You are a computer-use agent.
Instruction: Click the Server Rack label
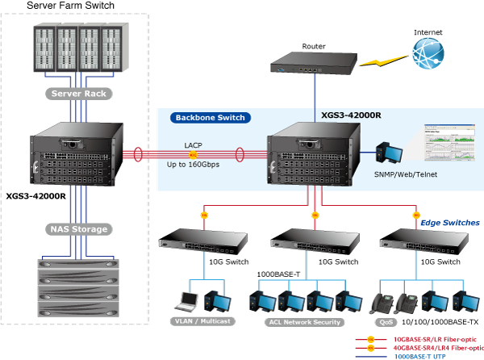(x=78, y=94)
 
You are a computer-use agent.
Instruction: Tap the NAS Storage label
(x=77, y=229)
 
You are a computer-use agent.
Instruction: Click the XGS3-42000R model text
(x=351, y=115)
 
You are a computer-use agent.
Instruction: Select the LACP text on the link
(x=193, y=145)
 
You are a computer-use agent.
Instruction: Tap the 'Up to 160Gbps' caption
(x=193, y=164)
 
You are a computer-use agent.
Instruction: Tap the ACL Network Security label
(x=304, y=322)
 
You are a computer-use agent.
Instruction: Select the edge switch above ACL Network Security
(x=304, y=239)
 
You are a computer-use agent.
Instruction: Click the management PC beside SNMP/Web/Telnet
(x=386, y=153)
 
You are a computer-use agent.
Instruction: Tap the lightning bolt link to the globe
(x=382, y=59)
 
